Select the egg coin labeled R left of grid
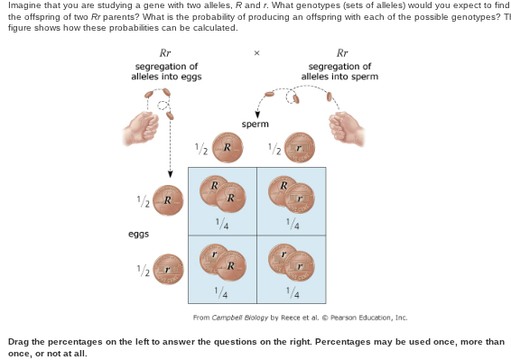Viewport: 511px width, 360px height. (167, 199)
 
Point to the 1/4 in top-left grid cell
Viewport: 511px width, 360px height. (221, 224)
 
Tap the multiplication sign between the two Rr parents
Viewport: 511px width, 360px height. (256, 53)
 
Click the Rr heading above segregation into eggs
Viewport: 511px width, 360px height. (165, 52)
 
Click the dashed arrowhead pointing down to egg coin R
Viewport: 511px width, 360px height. (171, 175)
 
